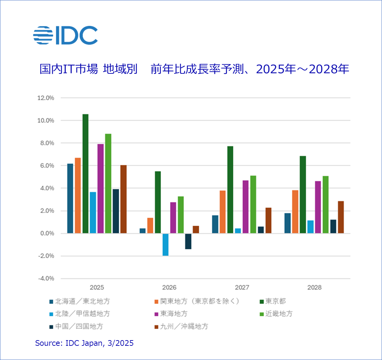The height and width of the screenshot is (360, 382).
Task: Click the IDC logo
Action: (65, 35)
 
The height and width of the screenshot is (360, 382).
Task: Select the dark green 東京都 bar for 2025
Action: (85, 173)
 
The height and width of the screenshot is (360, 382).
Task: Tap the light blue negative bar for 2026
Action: (165, 244)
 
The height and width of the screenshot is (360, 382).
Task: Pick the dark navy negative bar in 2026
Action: (188, 241)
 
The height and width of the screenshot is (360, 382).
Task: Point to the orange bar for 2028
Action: (295, 212)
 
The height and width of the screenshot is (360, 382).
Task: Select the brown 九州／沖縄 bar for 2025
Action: (123, 199)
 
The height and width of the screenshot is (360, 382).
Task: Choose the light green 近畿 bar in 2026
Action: (181, 215)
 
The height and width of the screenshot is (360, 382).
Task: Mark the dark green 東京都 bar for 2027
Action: (230, 190)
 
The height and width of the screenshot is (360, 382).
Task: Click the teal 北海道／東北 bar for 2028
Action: (287, 223)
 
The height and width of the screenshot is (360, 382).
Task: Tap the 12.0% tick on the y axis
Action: (45, 98)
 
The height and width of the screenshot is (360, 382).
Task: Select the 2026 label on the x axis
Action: (169, 287)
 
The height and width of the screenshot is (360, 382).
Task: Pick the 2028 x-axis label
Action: (314, 287)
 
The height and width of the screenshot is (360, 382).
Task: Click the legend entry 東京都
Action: (275, 301)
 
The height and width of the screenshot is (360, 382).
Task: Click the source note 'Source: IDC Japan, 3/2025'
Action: (84, 343)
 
